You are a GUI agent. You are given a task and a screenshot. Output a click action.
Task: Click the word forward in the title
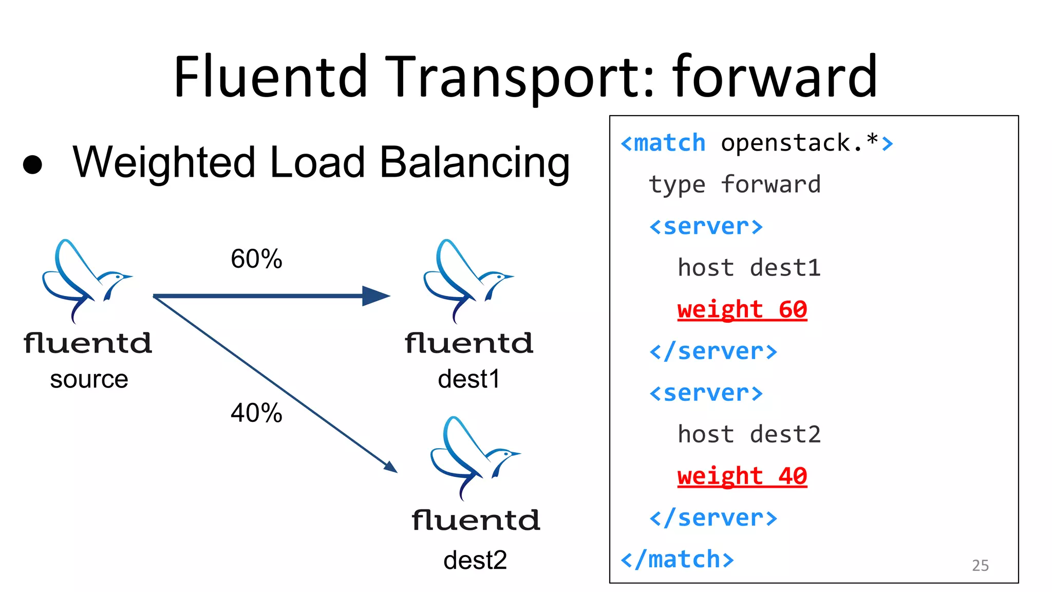(x=775, y=77)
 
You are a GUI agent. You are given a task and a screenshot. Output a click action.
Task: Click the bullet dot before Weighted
(x=33, y=164)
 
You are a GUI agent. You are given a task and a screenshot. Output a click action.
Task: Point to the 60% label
(x=256, y=258)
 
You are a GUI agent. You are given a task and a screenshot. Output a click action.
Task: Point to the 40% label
(x=256, y=413)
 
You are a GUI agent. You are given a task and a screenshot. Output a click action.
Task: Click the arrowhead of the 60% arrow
(x=377, y=296)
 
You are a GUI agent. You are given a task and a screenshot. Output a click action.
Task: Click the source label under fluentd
(x=89, y=380)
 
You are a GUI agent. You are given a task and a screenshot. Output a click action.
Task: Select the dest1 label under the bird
(x=468, y=379)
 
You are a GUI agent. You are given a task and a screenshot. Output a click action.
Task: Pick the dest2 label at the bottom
(x=475, y=560)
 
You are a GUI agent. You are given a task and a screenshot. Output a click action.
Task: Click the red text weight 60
(x=742, y=310)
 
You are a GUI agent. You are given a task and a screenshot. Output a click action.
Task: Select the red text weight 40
(x=742, y=476)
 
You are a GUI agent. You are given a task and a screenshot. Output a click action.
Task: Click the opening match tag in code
(x=663, y=143)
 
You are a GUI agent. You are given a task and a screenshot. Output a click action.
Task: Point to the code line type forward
(x=735, y=184)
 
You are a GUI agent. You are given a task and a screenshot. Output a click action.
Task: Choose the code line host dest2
(x=749, y=435)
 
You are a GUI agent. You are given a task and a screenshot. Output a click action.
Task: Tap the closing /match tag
(x=677, y=560)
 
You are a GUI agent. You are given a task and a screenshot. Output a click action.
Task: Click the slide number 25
(x=980, y=565)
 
